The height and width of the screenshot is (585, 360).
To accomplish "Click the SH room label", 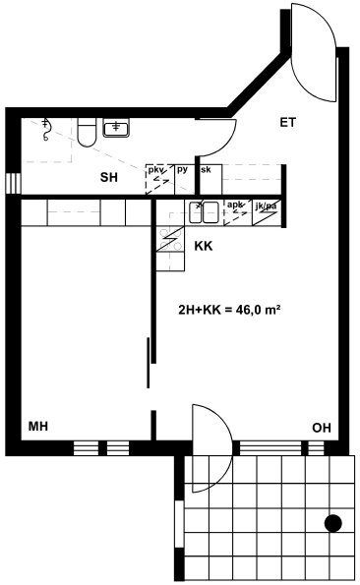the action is pyautogui.click(x=108, y=177).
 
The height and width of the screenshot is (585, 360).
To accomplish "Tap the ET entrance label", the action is pyautogui.click(x=287, y=122).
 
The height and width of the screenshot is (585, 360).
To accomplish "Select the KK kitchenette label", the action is pyautogui.click(x=204, y=246).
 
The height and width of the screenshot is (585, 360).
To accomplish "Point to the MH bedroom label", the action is pyautogui.click(x=38, y=426).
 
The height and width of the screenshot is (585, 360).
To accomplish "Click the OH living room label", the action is pyautogui.click(x=322, y=428).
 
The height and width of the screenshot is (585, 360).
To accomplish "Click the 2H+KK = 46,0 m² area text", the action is pyautogui.click(x=229, y=310).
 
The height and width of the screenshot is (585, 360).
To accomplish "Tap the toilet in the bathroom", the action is pyautogui.click(x=87, y=132).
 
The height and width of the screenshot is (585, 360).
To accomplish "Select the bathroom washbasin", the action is pyautogui.click(x=116, y=128).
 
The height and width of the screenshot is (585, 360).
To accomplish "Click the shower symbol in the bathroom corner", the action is pyautogui.click(x=46, y=130).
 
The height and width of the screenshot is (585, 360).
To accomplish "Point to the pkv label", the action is pyautogui.click(x=156, y=170).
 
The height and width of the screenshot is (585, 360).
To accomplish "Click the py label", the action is pyautogui.click(x=182, y=170).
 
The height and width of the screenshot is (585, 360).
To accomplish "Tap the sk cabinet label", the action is pyautogui.click(x=206, y=170).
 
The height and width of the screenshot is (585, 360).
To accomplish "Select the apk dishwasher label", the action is pyautogui.click(x=235, y=205).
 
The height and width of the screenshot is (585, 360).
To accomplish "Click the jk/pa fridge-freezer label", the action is pyautogui.click(x=266, y=205).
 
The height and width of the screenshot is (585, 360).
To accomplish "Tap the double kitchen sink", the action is pyautogui.click(x=204, y=212).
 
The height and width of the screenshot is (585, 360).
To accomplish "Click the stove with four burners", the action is pyautogui.click(x=170, y=239).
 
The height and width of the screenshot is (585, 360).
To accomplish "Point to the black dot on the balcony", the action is pyautogui.click(x=333, y=523).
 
